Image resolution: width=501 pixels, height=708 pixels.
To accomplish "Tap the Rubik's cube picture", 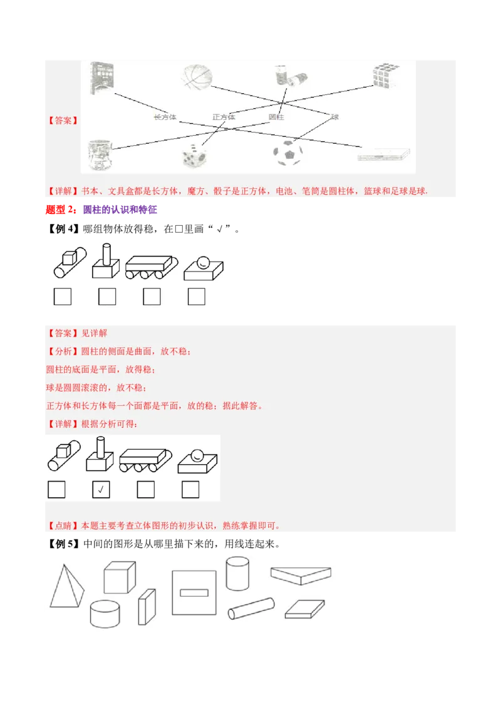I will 386,77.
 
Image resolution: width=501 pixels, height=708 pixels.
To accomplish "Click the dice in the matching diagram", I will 194,156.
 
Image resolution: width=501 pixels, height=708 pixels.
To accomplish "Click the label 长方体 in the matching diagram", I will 165,117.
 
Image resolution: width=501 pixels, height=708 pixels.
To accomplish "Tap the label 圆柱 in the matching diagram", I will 277,117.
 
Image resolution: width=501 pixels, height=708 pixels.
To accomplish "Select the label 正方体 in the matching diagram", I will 224,117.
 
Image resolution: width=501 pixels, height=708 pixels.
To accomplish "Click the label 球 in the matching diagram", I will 335,117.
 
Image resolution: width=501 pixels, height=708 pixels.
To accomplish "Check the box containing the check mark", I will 101,489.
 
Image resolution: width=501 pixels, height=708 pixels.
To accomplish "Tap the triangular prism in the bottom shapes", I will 301,575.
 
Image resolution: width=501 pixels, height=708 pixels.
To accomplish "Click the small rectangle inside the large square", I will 194,592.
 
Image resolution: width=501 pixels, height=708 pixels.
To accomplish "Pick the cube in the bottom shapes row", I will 119,577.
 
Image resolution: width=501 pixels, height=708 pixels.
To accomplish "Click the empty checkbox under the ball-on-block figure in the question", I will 197,296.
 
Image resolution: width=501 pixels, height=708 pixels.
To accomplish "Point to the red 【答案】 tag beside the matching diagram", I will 63,121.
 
